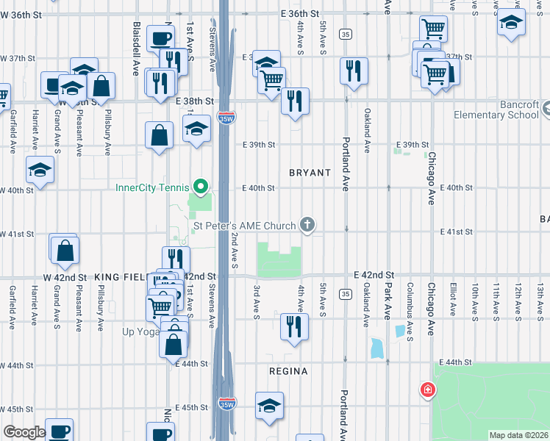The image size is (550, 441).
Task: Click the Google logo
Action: pyautogui.click(x=24, y=433)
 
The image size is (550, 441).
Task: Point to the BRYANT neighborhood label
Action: pyautogui.click(x=310, y=172)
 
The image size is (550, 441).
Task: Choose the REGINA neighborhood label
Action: pyautogui.click(x=288, y=371)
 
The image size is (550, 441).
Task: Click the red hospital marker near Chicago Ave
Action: pyautogui.click(x=426, y=390)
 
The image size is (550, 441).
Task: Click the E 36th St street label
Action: pyautogui.click(x=301, y=14)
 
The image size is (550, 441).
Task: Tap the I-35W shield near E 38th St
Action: pyautogui.click(x=226, y=118)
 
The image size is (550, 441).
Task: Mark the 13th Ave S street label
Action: pyautogui.click(x=540, y=301)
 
